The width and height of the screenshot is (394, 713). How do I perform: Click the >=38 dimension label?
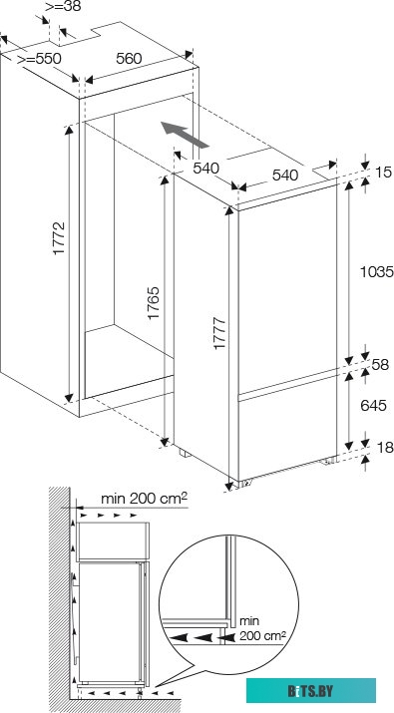pos(65,6)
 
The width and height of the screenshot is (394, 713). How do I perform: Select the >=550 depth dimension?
pos(40,59)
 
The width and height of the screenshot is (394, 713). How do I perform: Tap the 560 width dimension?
pos(128,59)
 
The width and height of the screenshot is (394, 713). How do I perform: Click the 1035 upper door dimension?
pos(376,270)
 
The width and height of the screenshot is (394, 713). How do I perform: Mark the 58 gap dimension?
pos(378,366)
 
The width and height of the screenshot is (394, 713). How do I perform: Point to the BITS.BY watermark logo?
pos(338,689)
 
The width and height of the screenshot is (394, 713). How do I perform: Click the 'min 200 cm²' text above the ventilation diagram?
pos(144,499)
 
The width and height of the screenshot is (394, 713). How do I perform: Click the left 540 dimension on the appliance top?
pos(205,168)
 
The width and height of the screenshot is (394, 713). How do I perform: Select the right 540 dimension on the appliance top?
pos(286,176)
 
